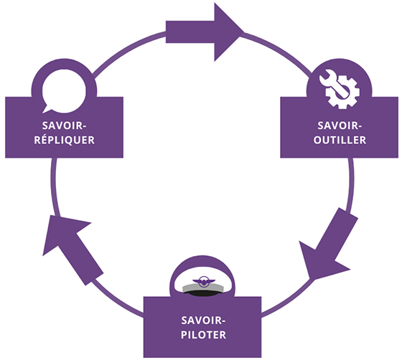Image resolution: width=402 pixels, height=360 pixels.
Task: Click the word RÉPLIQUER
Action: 65,140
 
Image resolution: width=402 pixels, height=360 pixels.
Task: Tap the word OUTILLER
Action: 340,140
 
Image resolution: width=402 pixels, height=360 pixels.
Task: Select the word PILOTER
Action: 204,335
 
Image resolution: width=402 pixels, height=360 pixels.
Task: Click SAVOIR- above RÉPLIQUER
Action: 64,125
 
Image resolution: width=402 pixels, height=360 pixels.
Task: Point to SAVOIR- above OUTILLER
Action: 340,125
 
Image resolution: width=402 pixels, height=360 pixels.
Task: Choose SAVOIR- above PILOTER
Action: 203,321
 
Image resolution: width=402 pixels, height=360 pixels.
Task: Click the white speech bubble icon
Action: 64,91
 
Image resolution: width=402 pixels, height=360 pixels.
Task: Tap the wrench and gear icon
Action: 339,89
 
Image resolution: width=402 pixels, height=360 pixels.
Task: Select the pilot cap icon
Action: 202,287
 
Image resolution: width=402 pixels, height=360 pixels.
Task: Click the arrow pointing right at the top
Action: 205,32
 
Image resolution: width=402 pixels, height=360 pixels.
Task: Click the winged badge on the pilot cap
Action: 204,281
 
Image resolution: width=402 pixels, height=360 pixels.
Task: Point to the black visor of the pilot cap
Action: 203,293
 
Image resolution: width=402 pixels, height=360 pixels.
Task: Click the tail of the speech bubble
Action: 47,109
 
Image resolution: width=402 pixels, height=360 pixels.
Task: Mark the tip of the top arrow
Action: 244,32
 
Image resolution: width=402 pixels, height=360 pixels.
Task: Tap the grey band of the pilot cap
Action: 202,288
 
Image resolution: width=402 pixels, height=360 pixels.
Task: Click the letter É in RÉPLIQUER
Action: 45,140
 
